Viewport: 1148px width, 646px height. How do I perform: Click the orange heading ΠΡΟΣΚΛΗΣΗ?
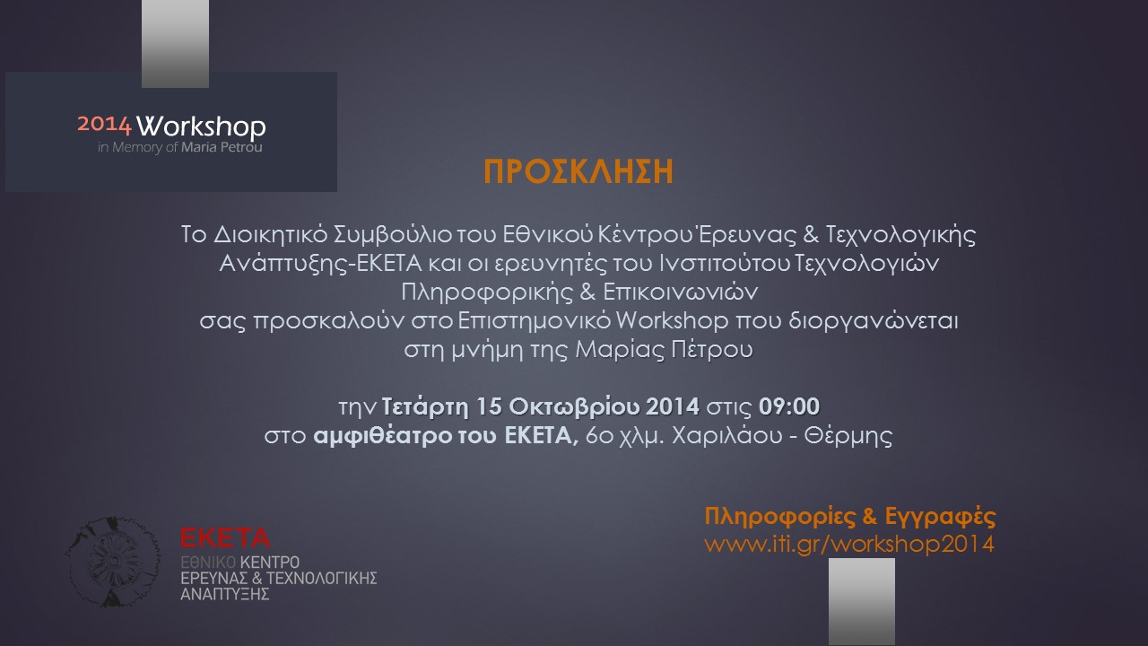(578, 171)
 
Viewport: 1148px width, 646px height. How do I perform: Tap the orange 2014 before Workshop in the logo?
(105, 124)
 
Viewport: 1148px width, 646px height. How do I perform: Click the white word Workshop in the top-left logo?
(202, 127)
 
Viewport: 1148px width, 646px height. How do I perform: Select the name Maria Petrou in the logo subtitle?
(222, 148)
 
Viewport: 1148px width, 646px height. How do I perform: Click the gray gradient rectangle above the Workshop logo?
(175, 44)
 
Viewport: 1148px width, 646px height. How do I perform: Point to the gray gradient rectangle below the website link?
(862, 601)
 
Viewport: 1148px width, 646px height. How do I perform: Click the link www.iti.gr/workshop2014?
(849, 544)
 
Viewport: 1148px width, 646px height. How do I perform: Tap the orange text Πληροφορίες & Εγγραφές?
(850, 517)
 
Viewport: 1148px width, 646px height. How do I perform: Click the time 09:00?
(789, 406)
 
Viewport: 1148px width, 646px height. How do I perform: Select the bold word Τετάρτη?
(425, 407)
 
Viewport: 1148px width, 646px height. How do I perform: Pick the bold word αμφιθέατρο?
(383, 436)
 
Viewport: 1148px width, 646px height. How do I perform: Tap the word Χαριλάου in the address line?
(727, 436)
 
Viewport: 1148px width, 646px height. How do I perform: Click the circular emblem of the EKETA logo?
(113, 562)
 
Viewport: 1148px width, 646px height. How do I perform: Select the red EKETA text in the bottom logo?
(225, 537)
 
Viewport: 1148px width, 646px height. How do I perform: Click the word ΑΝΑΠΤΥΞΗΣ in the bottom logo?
(225, 595)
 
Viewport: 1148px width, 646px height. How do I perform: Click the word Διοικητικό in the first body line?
(271, 235)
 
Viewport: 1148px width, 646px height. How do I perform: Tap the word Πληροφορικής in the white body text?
(487, 292)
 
